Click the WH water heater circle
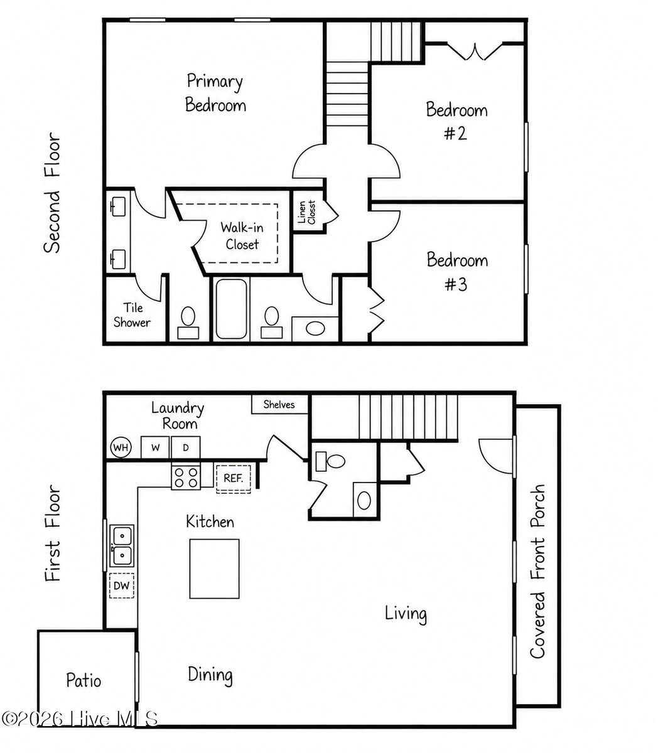coord(121,447)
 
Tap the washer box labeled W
coord(155,447)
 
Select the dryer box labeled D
coord(186,447)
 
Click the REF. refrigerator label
coord(234,478)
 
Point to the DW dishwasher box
coord(122,585)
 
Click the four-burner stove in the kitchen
coord(186,478)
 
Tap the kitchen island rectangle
coord(214,569)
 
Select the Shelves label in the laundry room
coord(279,405)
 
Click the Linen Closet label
coord(307,212)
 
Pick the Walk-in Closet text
coord(242,236)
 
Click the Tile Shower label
coord(132,315)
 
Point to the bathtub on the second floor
coord(231,309)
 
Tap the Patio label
coord(84,680)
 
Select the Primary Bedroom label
coord(215,93)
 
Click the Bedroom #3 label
coord(457,271)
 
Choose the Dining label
coord(210,674)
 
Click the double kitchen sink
coord(122,546)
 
